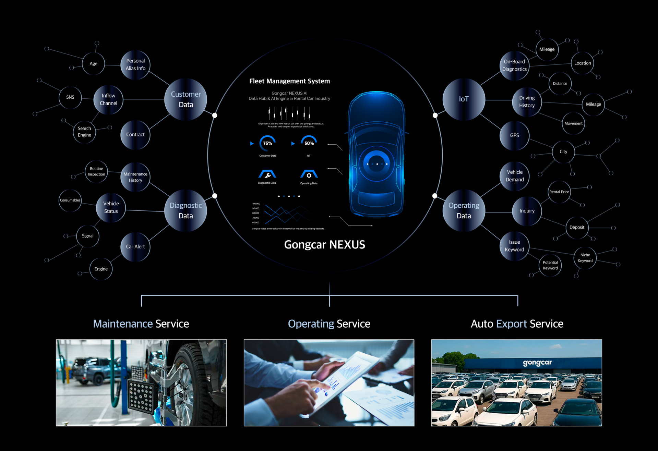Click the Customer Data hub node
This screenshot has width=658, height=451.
pyautogui.click(x=186, y=99)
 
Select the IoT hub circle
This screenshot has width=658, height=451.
pyautogui.click(x=464, y=99)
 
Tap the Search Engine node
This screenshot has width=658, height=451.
pyautogui.click(x=84, y=132)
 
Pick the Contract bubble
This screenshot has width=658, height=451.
pyautogui.click(x=135, y=135)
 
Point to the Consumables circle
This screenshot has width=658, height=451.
pyautogui.click(x=70, y=200)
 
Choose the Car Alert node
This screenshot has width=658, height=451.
pyautogui.click(x=135, y=247)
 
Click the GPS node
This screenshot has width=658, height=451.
pyautogui.click(x=514, y=135)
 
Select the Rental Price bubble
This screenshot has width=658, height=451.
pyautogui.click(x=559, y=192)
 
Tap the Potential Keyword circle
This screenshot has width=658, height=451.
pyautogui.click(x=550, y=265)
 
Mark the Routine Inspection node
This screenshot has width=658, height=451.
pyautogui.click(x=96, y=171)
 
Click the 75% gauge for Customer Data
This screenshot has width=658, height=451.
pyautogui.click(x=267, y=143)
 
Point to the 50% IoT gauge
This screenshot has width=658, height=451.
pyautogui.click(x=309, y=143)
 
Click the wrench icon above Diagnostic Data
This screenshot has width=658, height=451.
pyautogui.click(x=267, y=174)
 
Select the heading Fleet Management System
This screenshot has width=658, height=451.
pyautogui.click(x=289, y=81)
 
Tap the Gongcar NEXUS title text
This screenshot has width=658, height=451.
pyautogui.click(x=324, y=245)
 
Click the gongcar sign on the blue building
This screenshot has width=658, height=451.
pyautogui.click(x=537, y=363)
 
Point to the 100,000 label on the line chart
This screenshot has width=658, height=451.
pyautogui.click(x=256, y=204)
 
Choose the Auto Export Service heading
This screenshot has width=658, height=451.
pyautogui.click(x=517, y=324)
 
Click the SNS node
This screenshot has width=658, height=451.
pyautogui.click(x=70, y=97)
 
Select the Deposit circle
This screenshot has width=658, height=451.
pyautogui.click(x=577, y=227)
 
